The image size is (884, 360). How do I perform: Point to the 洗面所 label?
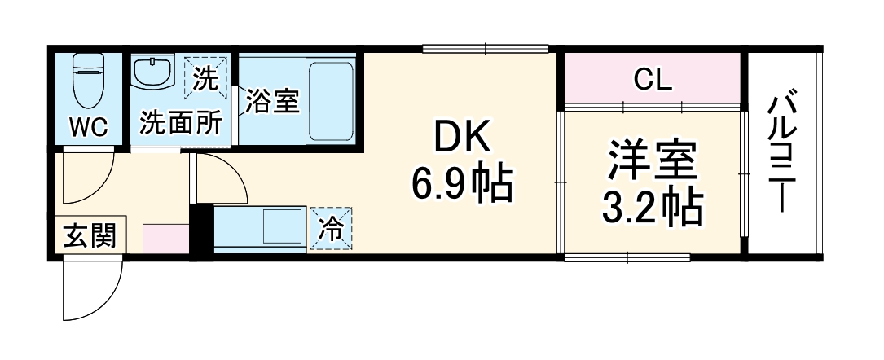tap(180, 123)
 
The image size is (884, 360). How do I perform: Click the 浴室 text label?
tap(272, 101)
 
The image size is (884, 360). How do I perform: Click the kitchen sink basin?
tap(280, 224)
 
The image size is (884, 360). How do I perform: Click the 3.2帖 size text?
tap(652, 209)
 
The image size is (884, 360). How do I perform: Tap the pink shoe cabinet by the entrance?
tap(165, 239)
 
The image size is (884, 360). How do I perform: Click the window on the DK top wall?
tap(485, 49)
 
